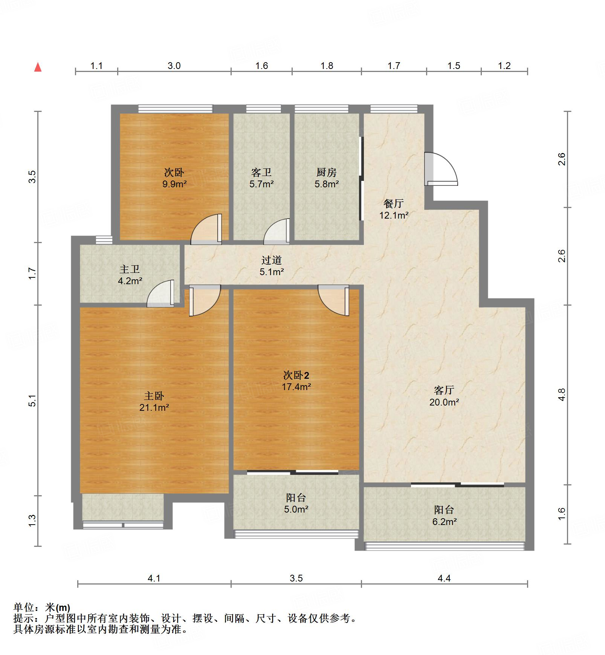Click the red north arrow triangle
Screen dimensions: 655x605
click(x=38, y=67)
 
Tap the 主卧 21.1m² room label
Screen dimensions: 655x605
click(x=154, y=401)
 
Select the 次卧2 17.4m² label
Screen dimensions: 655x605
click(x=296, y=381)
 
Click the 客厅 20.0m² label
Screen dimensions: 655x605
click(x=444, y=396)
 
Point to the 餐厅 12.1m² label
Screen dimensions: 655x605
click(x=394, y=209)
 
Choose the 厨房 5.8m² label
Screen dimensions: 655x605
click(x=326, y=178)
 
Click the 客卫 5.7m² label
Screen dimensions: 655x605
click(x=261, y=178)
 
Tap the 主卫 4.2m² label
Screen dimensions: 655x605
click(x=130, y=275)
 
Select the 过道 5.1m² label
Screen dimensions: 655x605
click(x=271, y=266)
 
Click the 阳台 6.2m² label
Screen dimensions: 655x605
click(x=444, y=516)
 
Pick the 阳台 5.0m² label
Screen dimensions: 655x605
click(x=296, y=503)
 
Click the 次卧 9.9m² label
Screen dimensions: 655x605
click(x=174, y=178)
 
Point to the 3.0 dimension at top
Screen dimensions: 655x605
click(x=174, y=66)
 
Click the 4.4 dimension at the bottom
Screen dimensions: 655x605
click(x=444, y=578)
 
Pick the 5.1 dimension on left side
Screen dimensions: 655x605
click(x=32, y=400)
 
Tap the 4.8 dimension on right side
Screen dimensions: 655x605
click(x=562, y=395)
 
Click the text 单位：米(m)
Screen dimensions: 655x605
click(x=42, y=608)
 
